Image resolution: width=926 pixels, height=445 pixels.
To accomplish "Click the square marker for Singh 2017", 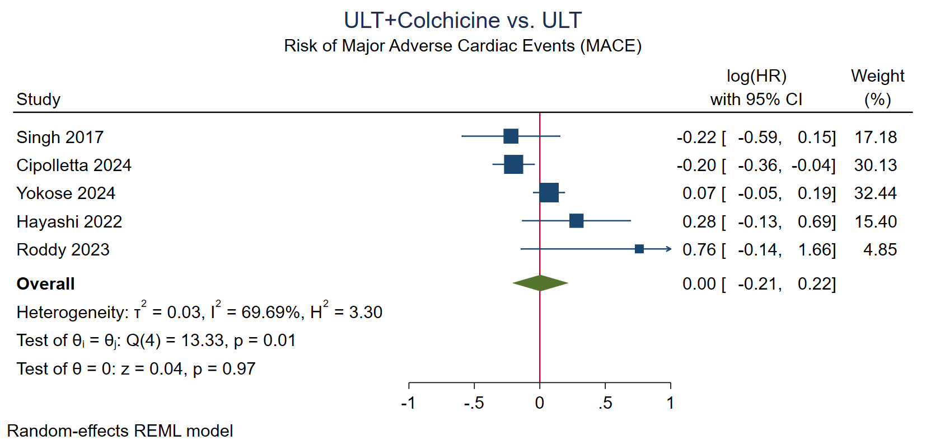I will [511, 136].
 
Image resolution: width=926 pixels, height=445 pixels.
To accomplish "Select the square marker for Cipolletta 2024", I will [513, 164].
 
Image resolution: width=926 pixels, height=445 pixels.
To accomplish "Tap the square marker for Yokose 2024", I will [549, 193].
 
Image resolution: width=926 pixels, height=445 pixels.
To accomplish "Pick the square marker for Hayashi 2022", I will [576, 221].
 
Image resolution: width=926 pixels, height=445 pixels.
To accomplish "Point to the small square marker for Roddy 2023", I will [639, 249].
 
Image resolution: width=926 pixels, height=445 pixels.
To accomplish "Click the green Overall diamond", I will [540, 283].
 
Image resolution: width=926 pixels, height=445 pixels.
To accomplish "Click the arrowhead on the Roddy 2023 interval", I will [668, 249].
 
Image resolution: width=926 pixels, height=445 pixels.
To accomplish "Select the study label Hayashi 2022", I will [69, 222].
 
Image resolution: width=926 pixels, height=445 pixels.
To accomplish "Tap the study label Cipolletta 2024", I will [74, 165].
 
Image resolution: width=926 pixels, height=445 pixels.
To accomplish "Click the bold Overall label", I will [45, 284].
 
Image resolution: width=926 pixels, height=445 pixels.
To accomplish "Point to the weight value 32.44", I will [875, 193].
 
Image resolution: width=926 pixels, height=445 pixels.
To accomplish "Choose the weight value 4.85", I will [880, 250].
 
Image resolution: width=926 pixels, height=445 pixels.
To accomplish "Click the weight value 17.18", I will [875, 138].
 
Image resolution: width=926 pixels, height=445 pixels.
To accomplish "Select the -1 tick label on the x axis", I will [408, 403].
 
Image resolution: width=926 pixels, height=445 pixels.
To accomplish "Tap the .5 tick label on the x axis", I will [605, 403].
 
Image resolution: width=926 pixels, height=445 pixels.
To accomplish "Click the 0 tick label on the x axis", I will [540, 403].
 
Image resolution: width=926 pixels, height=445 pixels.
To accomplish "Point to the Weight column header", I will [877, 76].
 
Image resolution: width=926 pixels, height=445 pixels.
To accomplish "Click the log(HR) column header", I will [756, 76].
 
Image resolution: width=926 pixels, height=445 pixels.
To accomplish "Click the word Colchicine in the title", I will [448, 21].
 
